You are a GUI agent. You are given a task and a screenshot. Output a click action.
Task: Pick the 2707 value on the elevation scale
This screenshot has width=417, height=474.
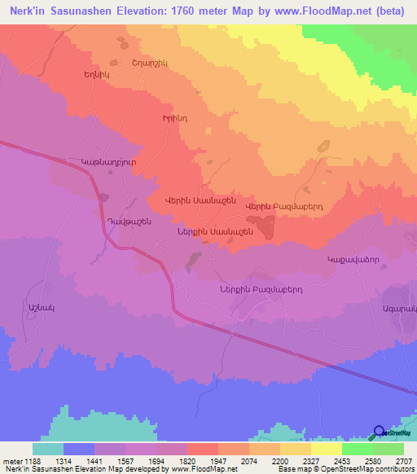coord(403,460)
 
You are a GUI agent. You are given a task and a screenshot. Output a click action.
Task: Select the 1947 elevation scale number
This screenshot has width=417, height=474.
coord(217,460)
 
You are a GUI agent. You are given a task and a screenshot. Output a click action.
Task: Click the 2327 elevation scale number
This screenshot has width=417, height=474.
coord(310,460)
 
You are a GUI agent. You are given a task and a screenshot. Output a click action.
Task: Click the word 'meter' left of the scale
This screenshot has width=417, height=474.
coord(11,460)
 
